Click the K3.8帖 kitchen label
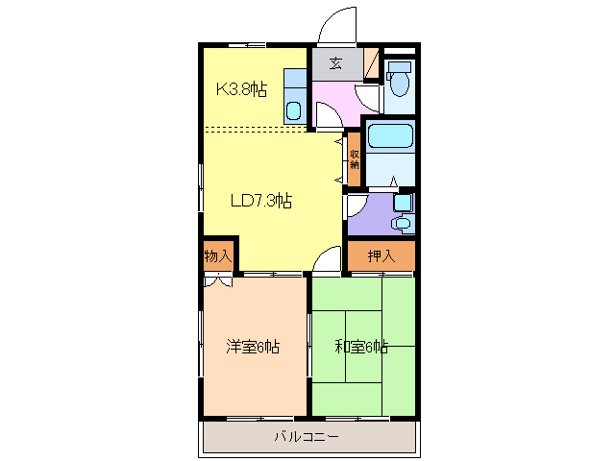click(x=240, y=90)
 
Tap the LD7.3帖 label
click(x=260, y=201)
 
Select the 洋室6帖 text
click(x=253, y=347)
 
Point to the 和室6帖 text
click(x=360, y=347)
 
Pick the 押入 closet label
click(x=381, y=256)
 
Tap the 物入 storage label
click(x=218, y=256)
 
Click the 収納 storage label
click(x=355, y=160)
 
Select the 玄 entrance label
click(x=335, y=64)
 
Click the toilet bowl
click(x=400, y=81)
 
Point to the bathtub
click(x=389, y=135)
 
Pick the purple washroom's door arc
click(x=355, y=204)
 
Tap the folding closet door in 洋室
click(x=217, y=282)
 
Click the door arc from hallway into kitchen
click(x=327, y=115)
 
